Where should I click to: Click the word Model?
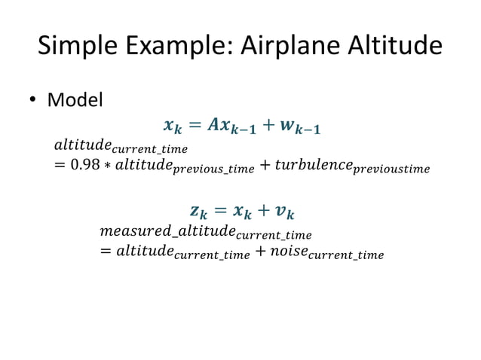coord(75,99)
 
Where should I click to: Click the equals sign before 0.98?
coord(60,166)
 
